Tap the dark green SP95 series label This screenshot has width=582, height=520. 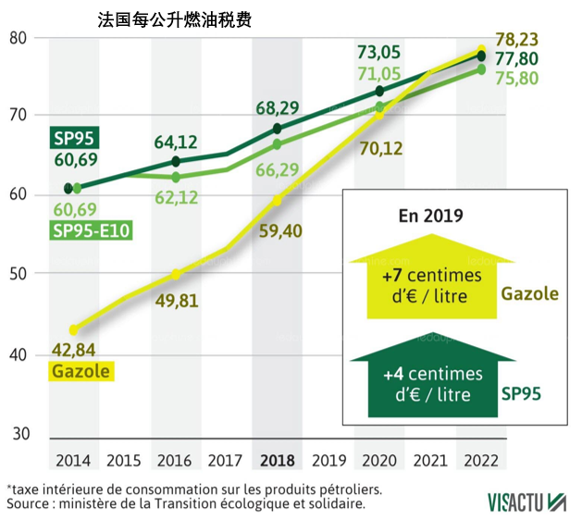75,140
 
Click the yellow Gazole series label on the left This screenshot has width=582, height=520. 80,372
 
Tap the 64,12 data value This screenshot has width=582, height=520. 176,142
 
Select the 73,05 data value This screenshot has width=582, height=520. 378,51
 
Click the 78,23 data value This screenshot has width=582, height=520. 517,40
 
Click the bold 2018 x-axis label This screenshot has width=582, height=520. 278,460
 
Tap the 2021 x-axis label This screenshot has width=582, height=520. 430,460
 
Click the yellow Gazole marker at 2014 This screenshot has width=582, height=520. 75,328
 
